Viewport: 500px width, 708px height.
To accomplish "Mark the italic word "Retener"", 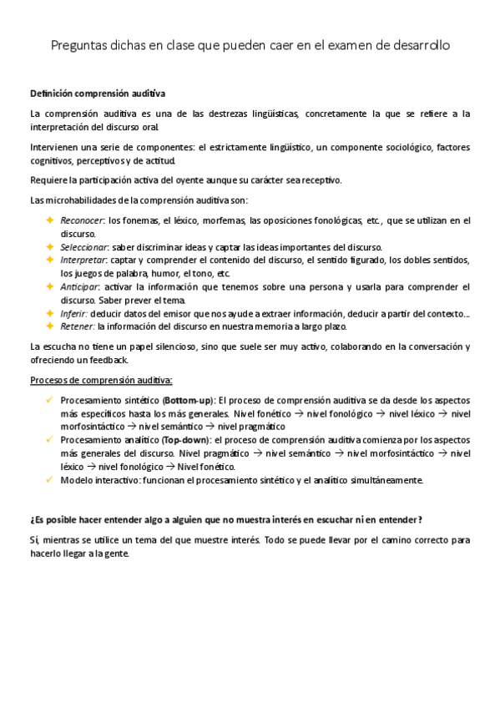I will pyautogui.click(x=77, y=326).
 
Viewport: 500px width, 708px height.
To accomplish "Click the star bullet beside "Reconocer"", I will pyautogui.click(x=49, y=220).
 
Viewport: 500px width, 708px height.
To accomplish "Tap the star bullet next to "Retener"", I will pyautogui.click(x=49, y=326).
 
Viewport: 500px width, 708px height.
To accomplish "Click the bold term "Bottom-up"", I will pyautogui.click(x=188, y=400).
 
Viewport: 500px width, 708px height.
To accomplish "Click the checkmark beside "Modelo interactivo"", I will pyautogui.click(x=50, y=480).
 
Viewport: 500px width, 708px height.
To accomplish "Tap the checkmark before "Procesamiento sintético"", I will pyautogui.click(x=50, y=400).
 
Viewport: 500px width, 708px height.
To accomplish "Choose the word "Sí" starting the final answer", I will pyautogui.click(x=34, y=540).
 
